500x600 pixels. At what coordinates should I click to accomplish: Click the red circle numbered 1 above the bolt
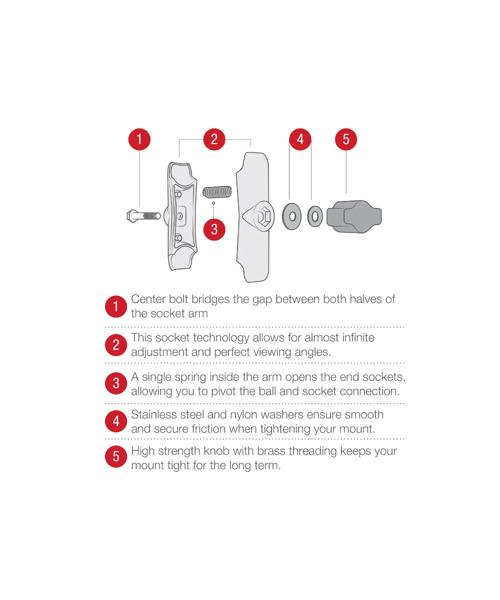(139, 139)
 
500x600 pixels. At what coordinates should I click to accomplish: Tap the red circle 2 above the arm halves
(214, 139)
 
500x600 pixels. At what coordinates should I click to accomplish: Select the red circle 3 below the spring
(214, 229)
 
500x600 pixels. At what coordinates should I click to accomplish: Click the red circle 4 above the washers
(300, 139)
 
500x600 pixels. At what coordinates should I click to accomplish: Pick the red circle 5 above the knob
(346, 139)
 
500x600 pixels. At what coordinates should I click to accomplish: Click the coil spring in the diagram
(217, 192)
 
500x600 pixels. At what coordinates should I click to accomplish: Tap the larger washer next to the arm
(291, 216)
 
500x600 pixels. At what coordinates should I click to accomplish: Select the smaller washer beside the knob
(315, 216)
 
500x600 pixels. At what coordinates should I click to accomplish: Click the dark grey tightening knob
(354, 216)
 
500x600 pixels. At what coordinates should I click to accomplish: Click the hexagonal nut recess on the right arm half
(262, 216)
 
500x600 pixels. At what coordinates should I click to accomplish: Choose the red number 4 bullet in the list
(116, 421)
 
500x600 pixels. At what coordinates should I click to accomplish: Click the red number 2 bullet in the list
(116, 345)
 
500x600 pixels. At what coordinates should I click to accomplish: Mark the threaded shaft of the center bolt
(151, 215)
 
